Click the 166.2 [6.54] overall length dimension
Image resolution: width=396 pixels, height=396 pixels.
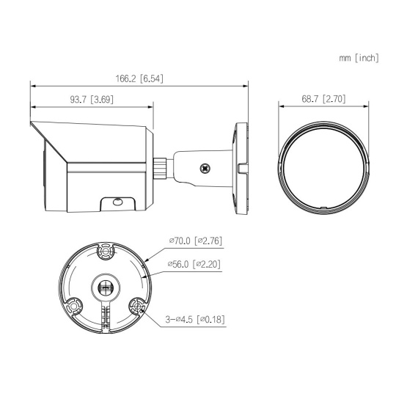pos(139,78)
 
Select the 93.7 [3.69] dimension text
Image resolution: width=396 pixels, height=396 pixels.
pos(92,99)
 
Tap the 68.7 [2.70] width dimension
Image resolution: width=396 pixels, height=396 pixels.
pos(323,99)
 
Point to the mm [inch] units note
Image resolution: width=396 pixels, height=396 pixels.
pos(359,58)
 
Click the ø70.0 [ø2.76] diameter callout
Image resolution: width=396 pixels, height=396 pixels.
pos(196,241)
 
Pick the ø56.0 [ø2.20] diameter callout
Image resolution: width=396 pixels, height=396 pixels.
pos(194,264)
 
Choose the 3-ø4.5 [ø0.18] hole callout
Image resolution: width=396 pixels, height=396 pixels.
pos(195,319)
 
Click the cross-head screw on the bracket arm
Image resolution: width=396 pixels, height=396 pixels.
pos(205,169)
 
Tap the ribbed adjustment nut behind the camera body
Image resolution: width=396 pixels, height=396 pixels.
pos(160,168)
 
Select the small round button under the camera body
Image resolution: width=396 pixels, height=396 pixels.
pos(117,202)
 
